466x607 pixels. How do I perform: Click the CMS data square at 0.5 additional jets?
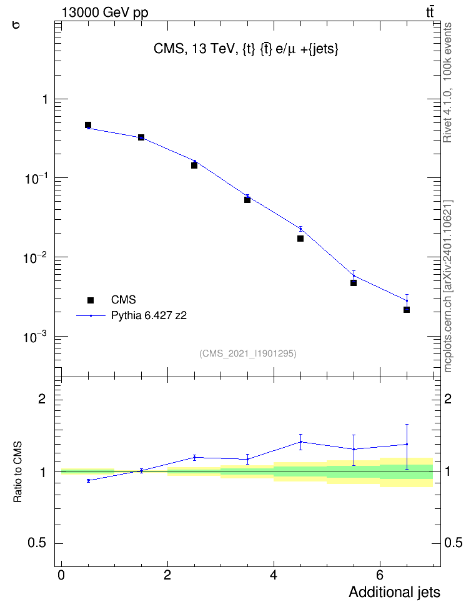point(88,125)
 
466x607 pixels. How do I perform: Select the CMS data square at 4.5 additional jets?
point(300,239)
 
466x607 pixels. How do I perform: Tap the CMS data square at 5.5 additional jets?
point(354,283)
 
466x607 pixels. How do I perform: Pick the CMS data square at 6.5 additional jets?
point(407,310)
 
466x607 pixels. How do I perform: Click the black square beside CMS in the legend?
point(91,300)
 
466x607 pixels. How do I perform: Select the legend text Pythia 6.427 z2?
point(149,316)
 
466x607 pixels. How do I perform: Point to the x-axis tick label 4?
point(274,575)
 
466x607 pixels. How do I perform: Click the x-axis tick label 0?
point(61,575)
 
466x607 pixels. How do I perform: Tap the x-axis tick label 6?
point(380,575)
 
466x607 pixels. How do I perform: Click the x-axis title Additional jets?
point(394,592)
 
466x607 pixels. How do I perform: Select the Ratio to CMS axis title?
point(17,471)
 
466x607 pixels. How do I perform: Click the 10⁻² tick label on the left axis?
point(35,257)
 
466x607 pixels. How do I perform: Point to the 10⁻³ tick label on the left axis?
point(35,337)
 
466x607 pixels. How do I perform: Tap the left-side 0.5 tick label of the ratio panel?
point(37,543)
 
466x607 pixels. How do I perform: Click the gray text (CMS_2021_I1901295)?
point(248,353)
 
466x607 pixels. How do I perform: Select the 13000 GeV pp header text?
point(104,12)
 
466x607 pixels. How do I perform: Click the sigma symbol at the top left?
point(16,25)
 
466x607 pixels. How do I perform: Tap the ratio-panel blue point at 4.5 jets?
point(300,442)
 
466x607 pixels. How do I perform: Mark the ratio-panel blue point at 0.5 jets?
point(88,480)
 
